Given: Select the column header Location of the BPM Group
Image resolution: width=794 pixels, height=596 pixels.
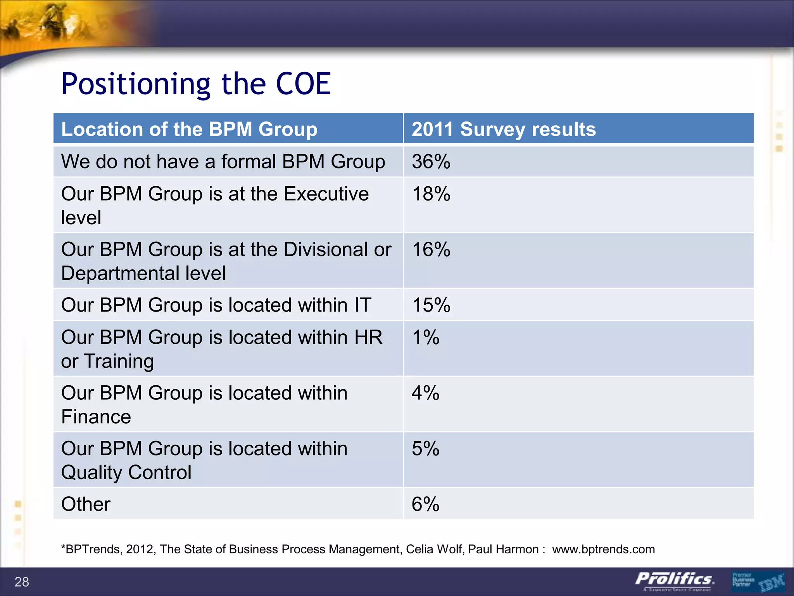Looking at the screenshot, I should pos(189,129).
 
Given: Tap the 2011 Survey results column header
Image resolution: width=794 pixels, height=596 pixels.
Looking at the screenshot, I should pos(503,129).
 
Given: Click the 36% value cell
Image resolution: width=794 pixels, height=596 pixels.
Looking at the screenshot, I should pos(431,161).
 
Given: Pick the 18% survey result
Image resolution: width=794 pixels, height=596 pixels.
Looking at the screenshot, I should pos(431,194).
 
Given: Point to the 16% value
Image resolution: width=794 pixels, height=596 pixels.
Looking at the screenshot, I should pos(431,249).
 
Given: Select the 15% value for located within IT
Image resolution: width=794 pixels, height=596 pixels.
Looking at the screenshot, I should pos(431,305).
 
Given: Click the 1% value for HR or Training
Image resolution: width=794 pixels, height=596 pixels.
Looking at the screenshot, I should pos(425,337).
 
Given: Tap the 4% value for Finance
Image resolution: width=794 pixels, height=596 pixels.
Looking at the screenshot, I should pos(425,393).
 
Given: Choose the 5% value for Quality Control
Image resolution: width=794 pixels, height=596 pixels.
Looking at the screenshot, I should pos(425,449).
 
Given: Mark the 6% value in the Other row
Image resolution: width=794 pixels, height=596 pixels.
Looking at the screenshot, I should pos(425,504).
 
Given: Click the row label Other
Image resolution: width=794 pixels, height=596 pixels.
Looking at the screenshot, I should pos(86,504).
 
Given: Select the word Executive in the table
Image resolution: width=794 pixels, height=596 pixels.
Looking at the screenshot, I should pos(326,194).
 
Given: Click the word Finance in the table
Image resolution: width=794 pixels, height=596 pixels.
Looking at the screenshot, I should pos(96,417).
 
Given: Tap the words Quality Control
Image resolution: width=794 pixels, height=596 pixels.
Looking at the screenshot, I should pos(126,473).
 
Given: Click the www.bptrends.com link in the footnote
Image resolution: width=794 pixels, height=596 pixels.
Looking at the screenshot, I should pos(603,549).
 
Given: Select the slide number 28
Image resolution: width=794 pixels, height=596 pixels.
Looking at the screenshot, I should pos(22,582).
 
